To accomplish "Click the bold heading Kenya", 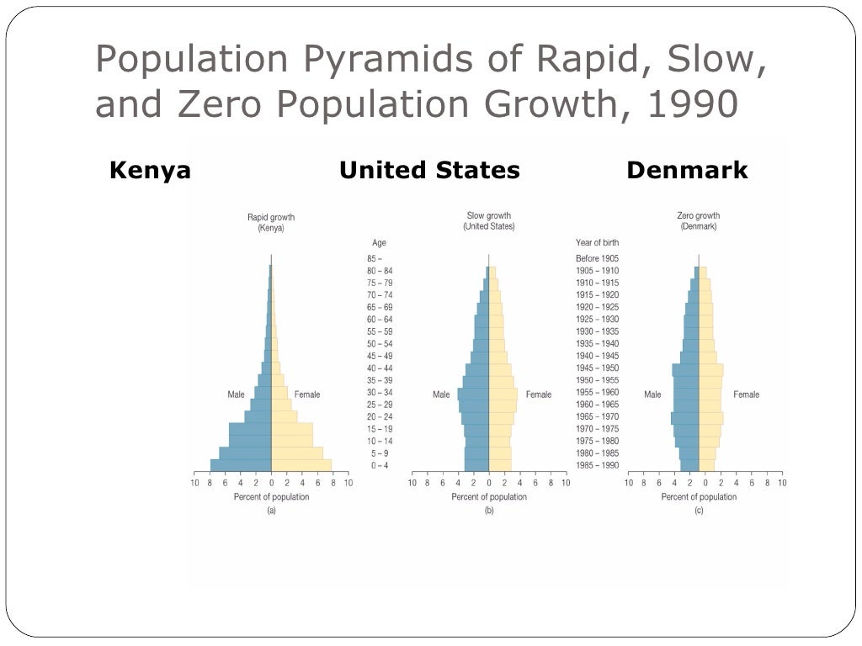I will (x=150, y=171).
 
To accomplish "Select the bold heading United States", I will (x=429, y=171).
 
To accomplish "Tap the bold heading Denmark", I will (x=687, y=171).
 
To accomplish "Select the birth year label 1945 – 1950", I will (x=597, y=368).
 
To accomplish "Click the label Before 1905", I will (x=597, y=258).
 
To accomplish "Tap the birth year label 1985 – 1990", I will (x=597, y=466).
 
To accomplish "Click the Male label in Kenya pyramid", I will (x=236, y=394).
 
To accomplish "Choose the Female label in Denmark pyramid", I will (x=746, y=394).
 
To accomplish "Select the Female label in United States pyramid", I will (x=539, y=394).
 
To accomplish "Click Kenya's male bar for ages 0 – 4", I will (x=241, y=465).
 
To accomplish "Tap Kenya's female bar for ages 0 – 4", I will (x=301, y=465).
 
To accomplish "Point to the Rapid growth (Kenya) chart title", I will (x=271, y=222).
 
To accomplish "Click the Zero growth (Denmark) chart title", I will (x=699, y=221).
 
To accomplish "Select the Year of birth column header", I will (x=597, y=243).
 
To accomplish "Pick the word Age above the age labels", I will (x=379, y=243).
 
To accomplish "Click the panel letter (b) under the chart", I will (x=489, y=511).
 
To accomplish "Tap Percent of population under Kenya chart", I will (x=271, y=497).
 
